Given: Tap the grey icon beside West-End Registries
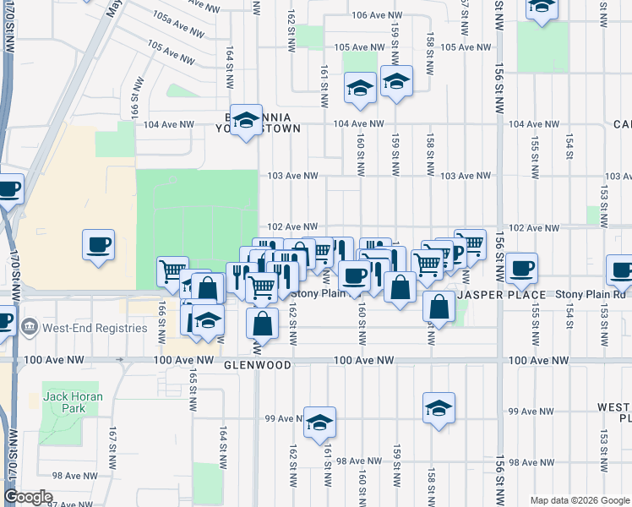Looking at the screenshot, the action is coord(30,326).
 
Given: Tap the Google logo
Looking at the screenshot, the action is coord(29,497).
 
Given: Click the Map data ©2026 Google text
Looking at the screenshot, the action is coord(579,500).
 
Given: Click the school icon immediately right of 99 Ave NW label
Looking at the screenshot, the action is coord(320,422).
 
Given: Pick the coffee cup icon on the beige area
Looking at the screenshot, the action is coord(99,245).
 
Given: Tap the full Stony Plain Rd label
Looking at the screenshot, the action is coord(591,294).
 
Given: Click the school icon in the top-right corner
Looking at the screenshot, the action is coord(541,7).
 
